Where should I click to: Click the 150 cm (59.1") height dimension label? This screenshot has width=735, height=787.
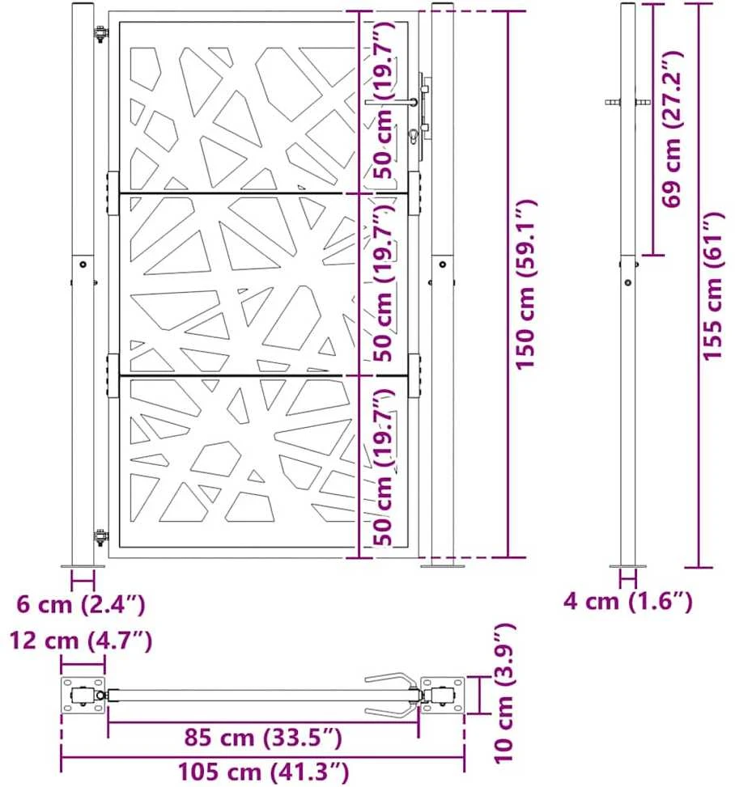click(x=526, y=285)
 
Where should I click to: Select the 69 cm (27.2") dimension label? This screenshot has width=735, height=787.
click(x=672, y=129)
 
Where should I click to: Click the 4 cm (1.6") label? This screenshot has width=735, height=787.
click(x=627, y=601)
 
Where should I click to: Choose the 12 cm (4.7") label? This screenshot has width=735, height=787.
click(x=81, y=641)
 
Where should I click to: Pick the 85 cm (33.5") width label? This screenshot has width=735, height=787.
click(x=263, y=738)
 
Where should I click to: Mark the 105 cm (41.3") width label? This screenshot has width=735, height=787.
click(x=263, y=772)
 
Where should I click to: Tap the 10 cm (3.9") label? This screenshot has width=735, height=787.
click(x=504, y=700)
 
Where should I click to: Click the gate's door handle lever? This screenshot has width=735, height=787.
click(x=391, y=103)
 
